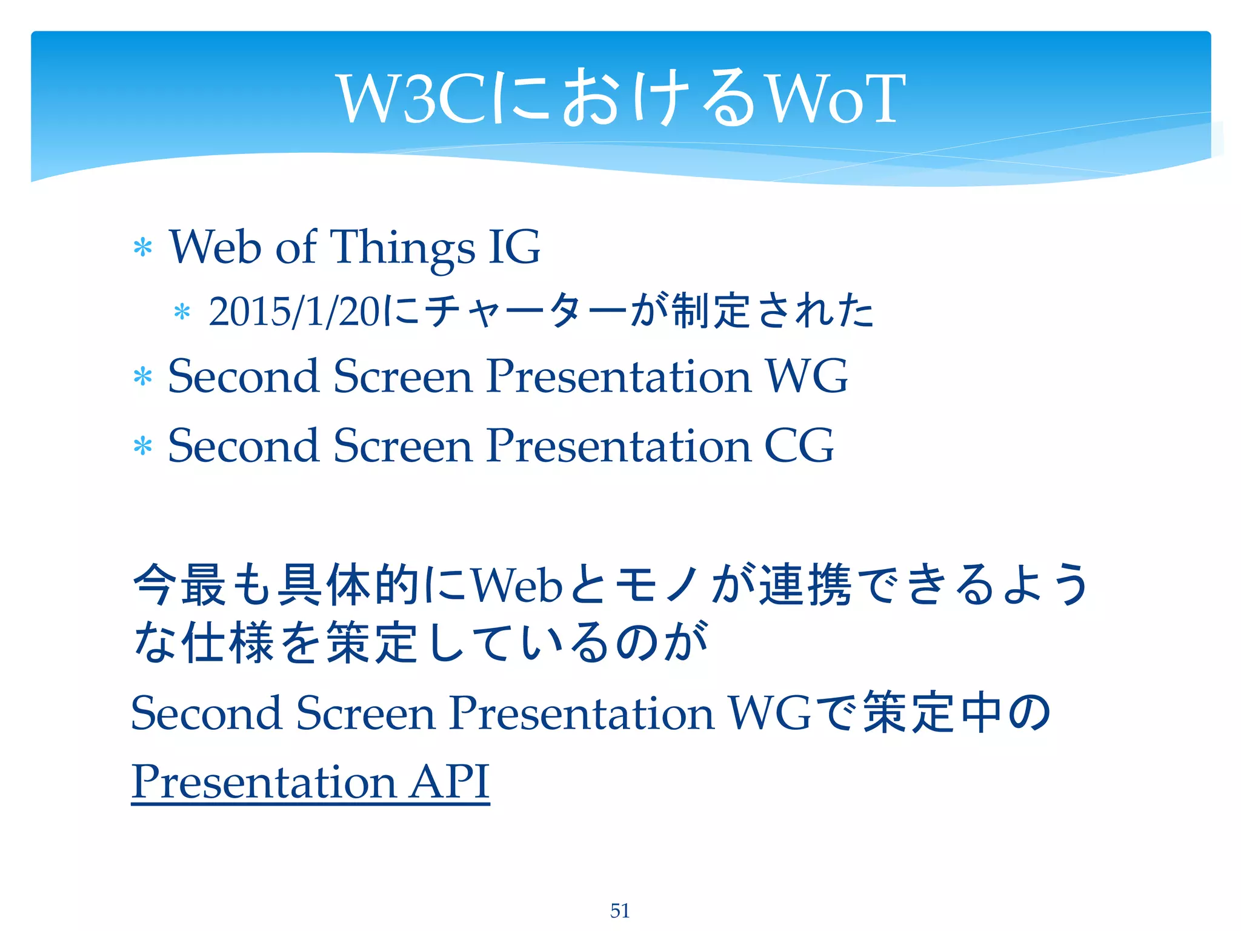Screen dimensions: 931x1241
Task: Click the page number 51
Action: coord(619,910)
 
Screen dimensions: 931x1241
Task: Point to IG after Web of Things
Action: coord(514,247)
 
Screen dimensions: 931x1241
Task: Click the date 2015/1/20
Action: coord(294,313)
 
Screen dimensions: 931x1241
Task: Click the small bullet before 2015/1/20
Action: coord(182,313)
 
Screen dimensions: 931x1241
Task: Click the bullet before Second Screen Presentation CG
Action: coord(143,447)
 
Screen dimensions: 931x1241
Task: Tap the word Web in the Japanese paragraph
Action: coord(516,586)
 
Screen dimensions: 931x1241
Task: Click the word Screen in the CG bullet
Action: coord(402,446)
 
